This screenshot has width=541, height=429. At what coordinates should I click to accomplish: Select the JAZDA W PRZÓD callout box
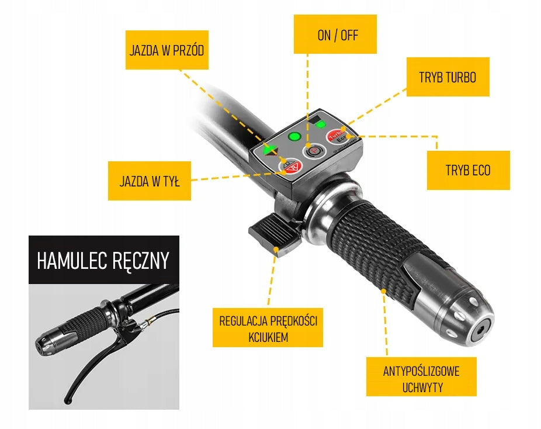coord(167,50)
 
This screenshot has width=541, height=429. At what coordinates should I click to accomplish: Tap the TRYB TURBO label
coord(448,77)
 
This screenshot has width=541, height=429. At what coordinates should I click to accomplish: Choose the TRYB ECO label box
coord(468,170)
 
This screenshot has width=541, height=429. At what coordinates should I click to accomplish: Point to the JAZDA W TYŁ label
coord(150,181)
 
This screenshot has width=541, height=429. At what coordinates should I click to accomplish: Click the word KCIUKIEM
coord(268,337)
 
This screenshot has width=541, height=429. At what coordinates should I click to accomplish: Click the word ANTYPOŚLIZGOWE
coord(421,371)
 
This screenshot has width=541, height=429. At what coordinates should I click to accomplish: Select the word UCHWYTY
coord(422,388)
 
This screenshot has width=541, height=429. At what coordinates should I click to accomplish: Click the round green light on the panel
coord(294,136)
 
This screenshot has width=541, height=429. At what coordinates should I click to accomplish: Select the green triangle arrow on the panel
coord(270,150)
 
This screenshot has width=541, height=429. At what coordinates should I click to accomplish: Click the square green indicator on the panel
coord(321,124)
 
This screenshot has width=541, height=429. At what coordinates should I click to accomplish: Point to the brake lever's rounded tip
coord(68,401)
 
